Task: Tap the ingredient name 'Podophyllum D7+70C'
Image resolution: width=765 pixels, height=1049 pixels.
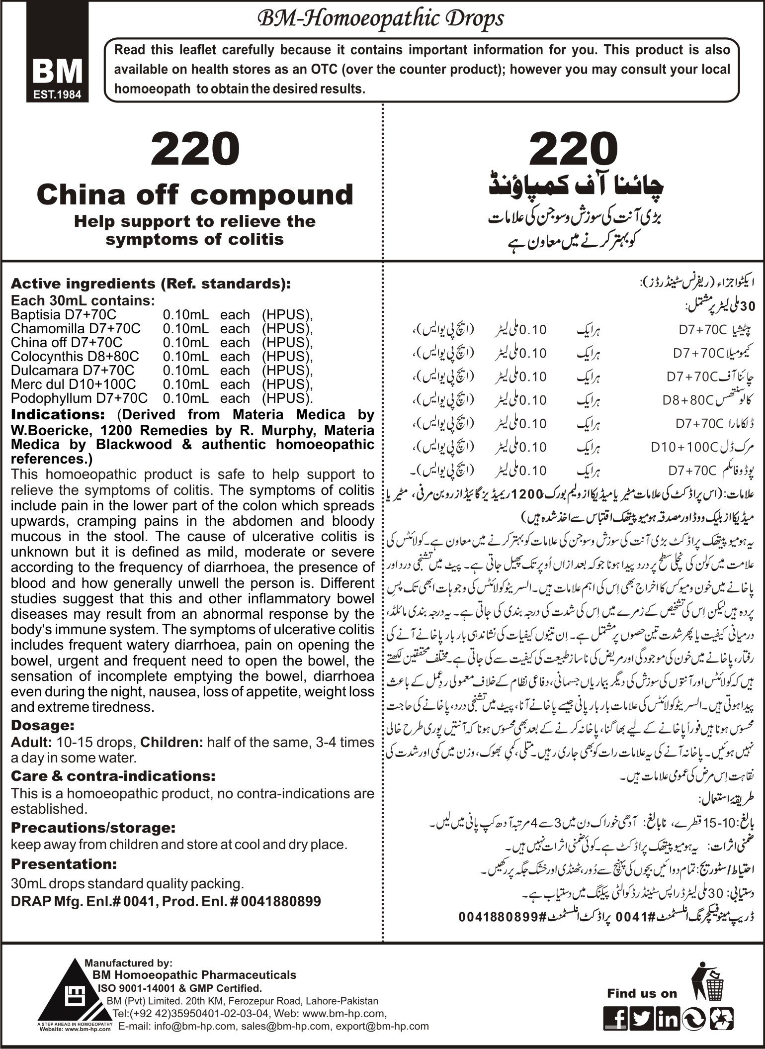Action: (79, 398)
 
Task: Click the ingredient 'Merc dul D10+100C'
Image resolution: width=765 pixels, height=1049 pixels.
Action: (73, 384)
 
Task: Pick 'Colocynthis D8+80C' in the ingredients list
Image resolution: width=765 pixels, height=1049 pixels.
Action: (75, 357)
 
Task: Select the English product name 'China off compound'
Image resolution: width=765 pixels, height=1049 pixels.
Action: (194, 194)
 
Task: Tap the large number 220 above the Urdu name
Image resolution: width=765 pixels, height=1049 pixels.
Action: (574, 149)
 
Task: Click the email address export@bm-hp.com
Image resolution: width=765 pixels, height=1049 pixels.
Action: (382, 1026)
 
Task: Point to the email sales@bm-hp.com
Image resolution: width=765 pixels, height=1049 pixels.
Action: (286, 1026)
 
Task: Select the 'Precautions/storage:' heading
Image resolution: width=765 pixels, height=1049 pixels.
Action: (93, 828)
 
